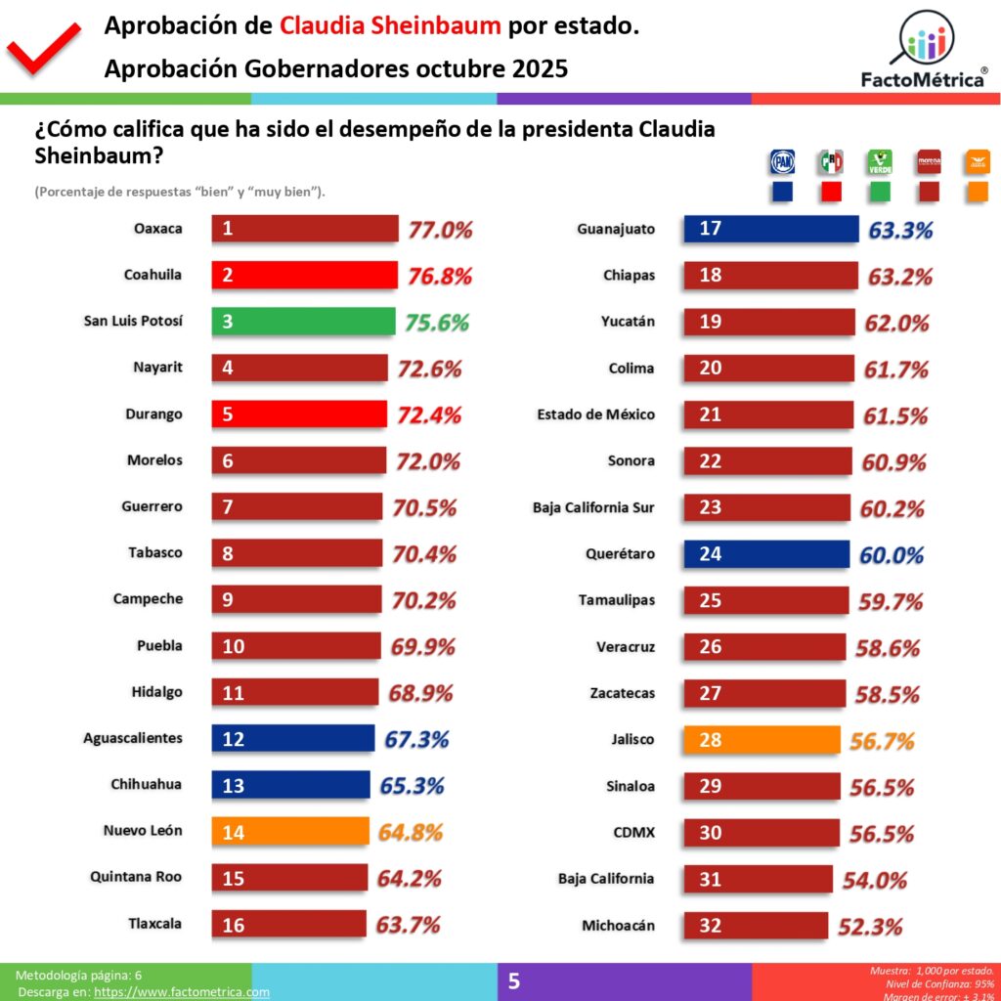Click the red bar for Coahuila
point(304,275)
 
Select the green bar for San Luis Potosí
point(303,322)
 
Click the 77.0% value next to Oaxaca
point(440,231)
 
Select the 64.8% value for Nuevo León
point(410,833)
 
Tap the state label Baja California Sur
point(593,507)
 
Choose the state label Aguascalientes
point(133,738)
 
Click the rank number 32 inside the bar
point(711,925)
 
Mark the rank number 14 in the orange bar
point(234,832)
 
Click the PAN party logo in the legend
point(782,161)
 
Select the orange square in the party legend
point(979,191)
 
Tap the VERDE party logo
point(880,161)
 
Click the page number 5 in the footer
point(514,980)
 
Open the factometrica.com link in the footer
point(181,992)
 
